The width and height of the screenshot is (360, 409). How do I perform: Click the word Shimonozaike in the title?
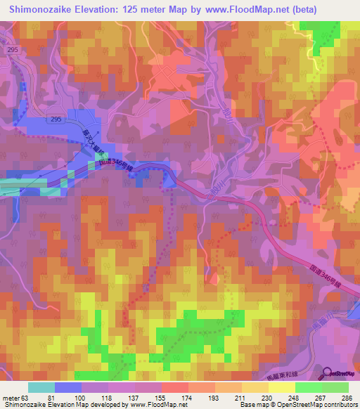click(44, 10)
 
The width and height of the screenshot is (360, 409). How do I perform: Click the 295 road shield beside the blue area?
click(56, 120)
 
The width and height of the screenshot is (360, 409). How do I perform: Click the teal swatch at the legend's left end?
click(41, 387)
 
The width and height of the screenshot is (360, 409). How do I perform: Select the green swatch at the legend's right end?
click(335, 387)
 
